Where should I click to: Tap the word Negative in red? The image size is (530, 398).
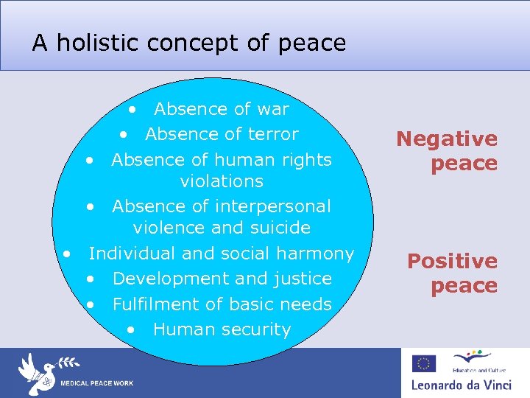(447, 139)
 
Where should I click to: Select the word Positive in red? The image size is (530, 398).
(452, 261)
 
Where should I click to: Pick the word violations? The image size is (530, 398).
(222, 181)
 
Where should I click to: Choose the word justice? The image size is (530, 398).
(302, 279)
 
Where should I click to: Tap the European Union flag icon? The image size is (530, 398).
(424, 363)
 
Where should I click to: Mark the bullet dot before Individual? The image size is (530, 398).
(66, 254)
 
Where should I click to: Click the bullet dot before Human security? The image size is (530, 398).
(130, 329)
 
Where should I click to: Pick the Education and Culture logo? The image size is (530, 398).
(472, 361)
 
